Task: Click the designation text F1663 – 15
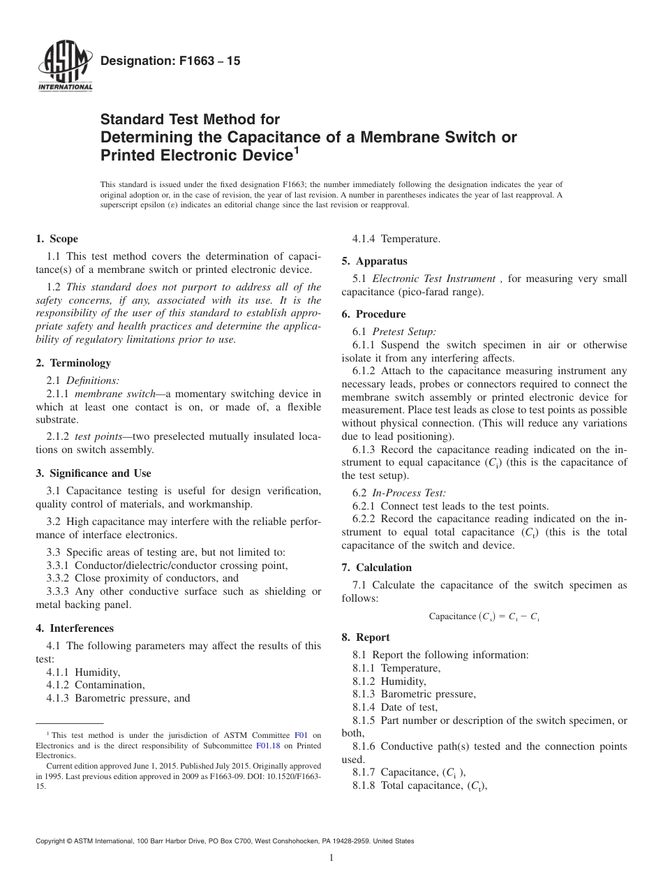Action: [x=170, y=61]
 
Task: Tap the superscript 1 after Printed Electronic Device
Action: [x=297, y=149]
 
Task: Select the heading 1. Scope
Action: [x=57, y=239]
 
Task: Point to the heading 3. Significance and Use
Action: [x=93, y=473]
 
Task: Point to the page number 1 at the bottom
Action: [x=331, y=858]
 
